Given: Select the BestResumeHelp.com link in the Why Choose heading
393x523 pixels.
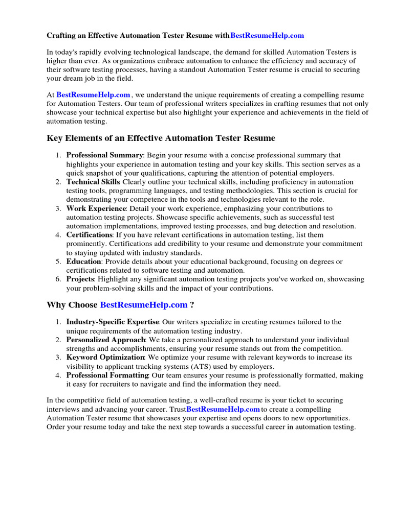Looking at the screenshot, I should click(x=144, y=305).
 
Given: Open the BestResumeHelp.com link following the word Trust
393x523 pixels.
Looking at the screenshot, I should click(x=223, y=409).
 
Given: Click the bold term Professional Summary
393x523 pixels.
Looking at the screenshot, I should click(x=104, y=155).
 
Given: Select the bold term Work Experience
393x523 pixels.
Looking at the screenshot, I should click(x=96, y=208).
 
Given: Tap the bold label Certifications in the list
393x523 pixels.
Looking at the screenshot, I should click(x=89, y=234).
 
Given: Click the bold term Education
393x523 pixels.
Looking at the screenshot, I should click(x=84, y=261).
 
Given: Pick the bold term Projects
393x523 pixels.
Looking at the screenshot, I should click(x=80, y=279).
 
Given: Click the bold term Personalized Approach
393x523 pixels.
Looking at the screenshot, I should click(x=105, y=340).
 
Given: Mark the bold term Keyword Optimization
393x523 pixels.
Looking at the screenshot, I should click(x=105, y=358).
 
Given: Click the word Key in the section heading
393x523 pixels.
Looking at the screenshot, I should click(x=55, y=138).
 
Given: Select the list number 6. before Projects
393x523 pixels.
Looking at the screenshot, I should click(x=58, y=279).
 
